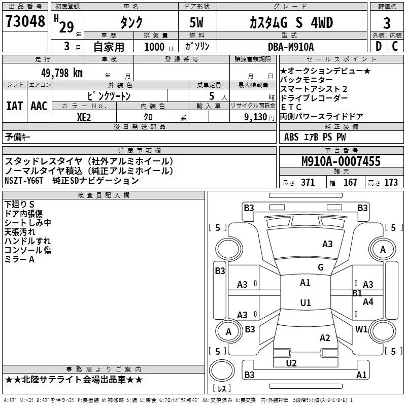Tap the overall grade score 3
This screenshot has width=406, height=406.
pos(387,23)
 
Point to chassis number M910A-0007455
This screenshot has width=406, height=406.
pos(341,162)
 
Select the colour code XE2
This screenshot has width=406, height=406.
pos(84,116)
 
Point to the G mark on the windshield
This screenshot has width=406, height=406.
pos(320,267)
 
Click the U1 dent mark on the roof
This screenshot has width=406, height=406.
pos(305,303)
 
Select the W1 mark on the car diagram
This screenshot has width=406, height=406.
pos(361,329)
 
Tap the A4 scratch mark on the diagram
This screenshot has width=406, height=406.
pos(368,302)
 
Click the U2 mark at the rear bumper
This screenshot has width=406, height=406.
pos(291,363)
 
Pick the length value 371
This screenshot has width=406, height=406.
pos(308,183)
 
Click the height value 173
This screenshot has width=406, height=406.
pos(391,183)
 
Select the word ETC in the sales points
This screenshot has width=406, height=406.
pos(291,107)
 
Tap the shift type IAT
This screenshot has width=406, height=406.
pos(14,106)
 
